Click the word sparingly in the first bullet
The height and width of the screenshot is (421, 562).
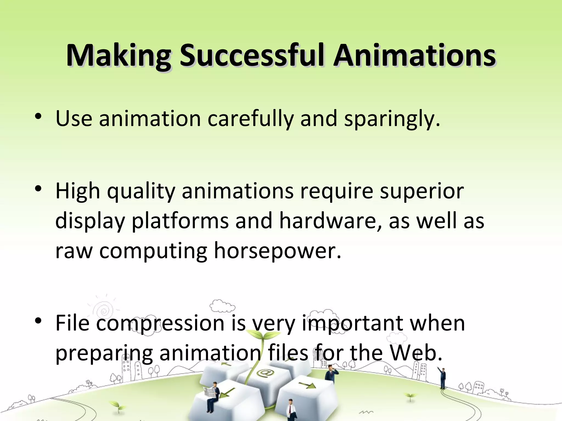[392, 119]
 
